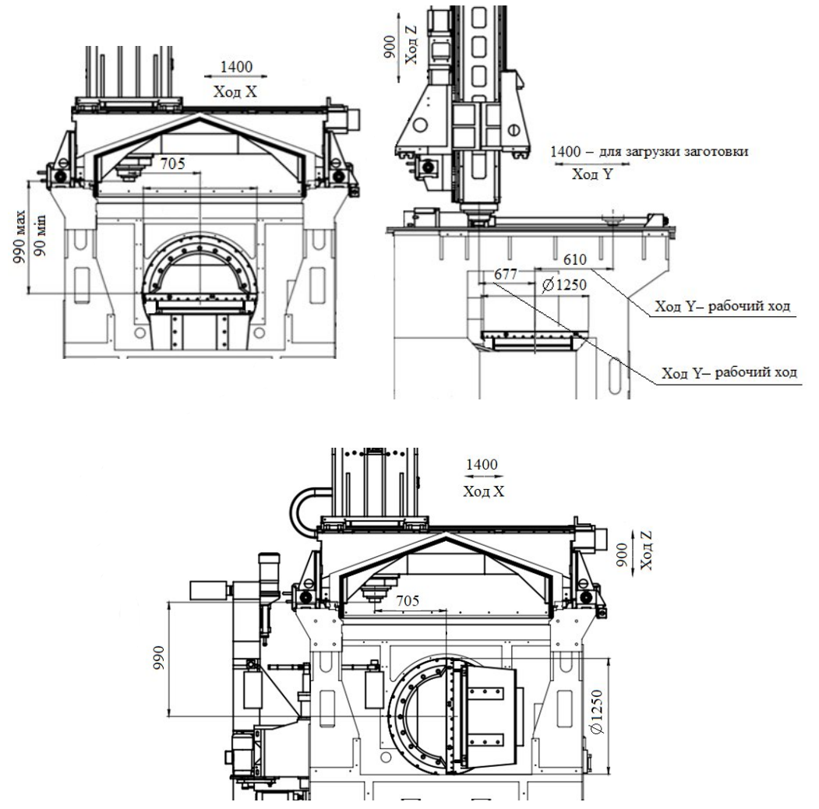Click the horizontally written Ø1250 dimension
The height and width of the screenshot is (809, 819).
563,284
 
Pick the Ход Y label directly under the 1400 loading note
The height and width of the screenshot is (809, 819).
592,176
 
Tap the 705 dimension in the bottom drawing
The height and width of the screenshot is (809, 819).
407,600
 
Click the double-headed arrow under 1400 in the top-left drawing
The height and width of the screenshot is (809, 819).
235,76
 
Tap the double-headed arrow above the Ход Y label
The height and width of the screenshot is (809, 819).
591,164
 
